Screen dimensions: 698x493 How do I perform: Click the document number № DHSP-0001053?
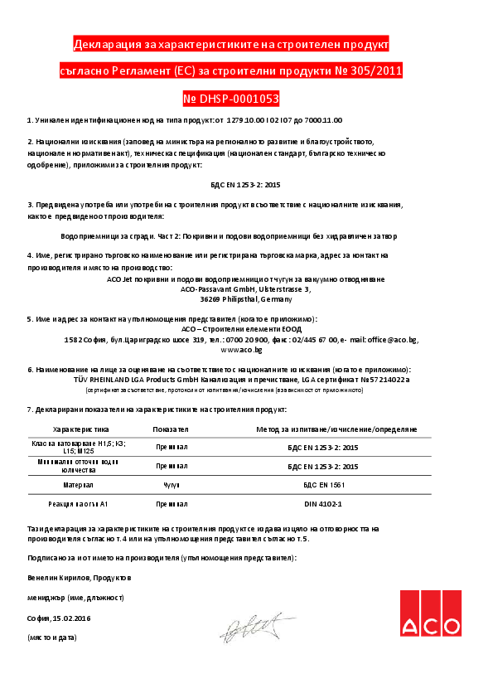point(230,99)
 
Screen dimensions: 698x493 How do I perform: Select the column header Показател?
point(172,429)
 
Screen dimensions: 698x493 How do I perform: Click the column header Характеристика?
point(80,429)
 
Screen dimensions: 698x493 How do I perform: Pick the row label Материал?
point(80,483)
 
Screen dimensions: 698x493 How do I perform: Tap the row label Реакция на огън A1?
point(80,503)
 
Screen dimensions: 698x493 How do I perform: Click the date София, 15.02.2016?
point(58,618)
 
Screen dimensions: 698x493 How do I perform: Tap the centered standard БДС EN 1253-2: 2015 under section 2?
point(246,184)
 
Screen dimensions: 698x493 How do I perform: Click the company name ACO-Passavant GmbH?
point(217,289)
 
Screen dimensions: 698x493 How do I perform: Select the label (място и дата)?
point(51,637)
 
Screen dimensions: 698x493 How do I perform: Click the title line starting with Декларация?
point(230,44)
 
